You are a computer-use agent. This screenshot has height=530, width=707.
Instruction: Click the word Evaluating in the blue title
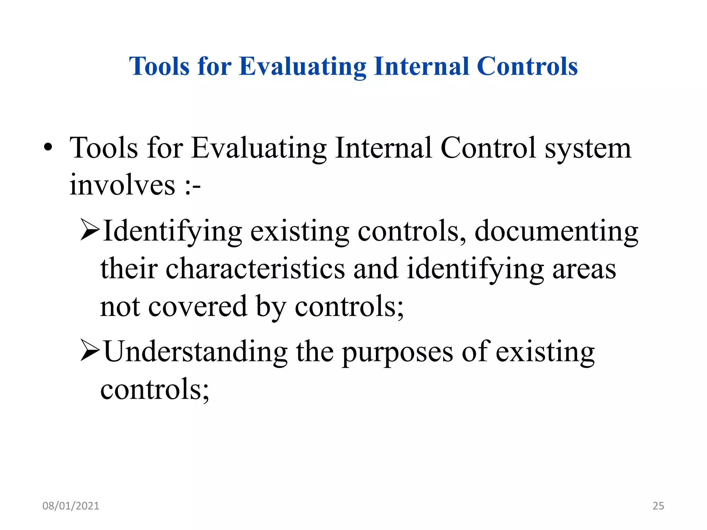pos(302,66)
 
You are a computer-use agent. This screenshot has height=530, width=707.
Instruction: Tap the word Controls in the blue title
pos(527,66)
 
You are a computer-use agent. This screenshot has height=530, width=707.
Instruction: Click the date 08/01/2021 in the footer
pos(71,506)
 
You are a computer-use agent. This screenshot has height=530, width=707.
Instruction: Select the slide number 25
pos(658,506)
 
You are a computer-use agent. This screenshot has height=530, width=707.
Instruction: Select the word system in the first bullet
pos(588,148)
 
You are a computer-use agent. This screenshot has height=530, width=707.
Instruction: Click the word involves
pos(123,185)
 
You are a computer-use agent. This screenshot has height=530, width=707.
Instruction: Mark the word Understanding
pos(196,352)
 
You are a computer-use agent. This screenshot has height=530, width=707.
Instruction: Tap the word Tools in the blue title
pos(159,66)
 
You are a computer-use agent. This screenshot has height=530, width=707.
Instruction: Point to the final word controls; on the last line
pos(154,389)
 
